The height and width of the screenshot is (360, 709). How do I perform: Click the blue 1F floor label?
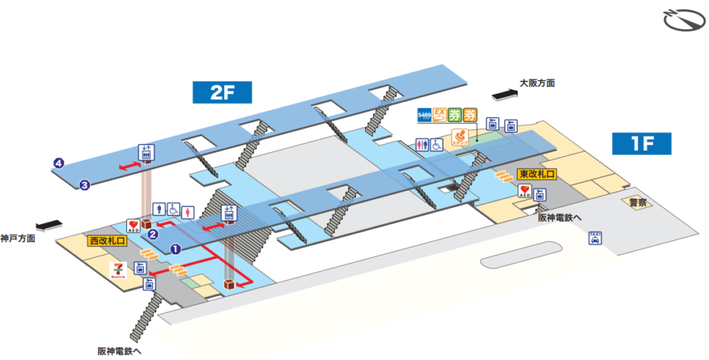tap(641, 144)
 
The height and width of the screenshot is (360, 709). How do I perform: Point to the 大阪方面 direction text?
tap(537, 83)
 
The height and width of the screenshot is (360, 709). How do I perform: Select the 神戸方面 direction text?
tap(18, 238)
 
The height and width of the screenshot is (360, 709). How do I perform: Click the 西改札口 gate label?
tap(106, 241)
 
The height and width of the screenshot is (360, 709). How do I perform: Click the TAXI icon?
tap(595, 239)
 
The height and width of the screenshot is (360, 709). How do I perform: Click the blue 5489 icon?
tap(424, 113)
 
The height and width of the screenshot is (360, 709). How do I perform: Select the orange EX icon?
tap(440, 113)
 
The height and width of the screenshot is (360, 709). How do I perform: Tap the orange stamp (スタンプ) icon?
tap(460, 136)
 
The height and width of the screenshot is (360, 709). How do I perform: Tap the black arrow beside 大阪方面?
tap(504, 92)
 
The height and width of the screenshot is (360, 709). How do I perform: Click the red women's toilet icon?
tap(188, 210)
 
